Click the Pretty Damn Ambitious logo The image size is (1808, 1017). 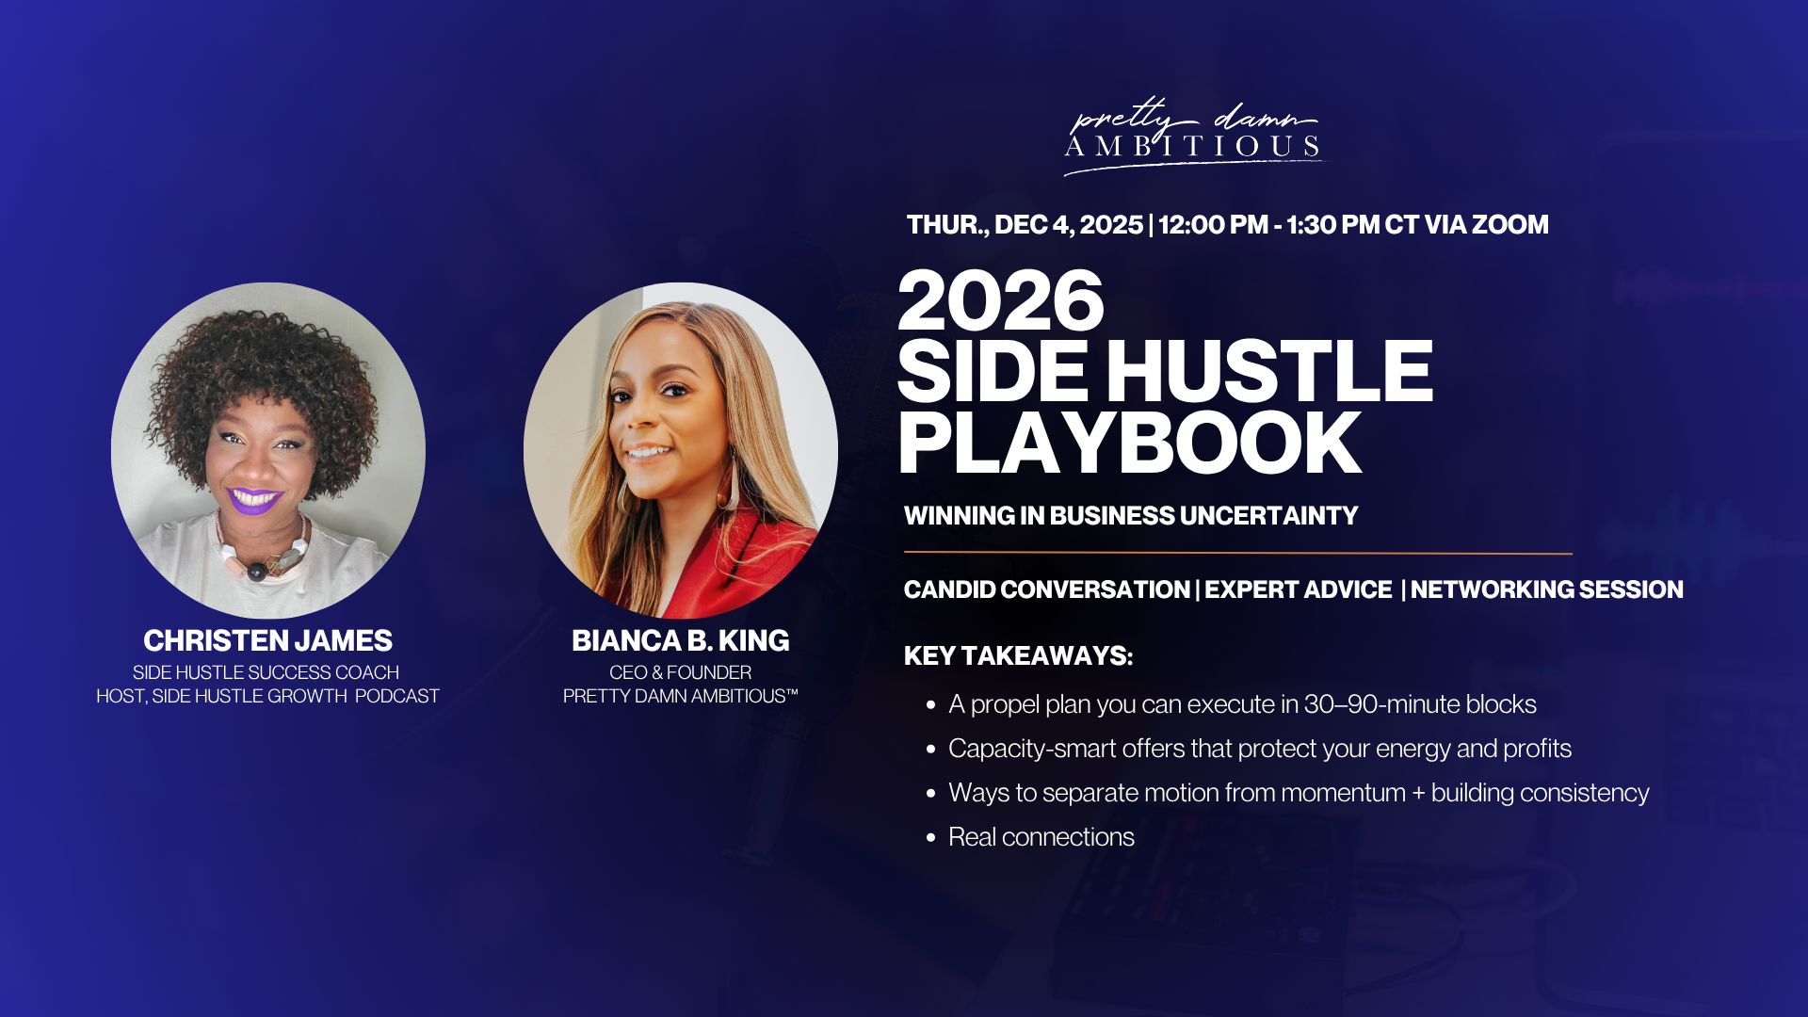pos(1193,137)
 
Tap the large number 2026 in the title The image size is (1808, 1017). pos(1001,300)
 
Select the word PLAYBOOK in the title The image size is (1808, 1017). pos(1130,442)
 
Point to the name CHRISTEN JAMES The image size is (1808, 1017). pos(267,640)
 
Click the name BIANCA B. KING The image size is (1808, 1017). pos(680,640)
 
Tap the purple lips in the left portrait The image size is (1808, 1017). pos(254,500)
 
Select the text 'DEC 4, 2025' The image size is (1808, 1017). pos(1068,225)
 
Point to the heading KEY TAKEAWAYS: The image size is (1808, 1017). pos(1018,655)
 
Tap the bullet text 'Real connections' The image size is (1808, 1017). pos(1041,836)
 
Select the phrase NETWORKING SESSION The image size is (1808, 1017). pos(1546,589)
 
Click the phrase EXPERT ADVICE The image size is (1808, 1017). pos(1298,589)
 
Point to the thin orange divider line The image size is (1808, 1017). pos(1238,553)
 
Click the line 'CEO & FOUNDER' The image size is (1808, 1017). pos(680,672)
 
